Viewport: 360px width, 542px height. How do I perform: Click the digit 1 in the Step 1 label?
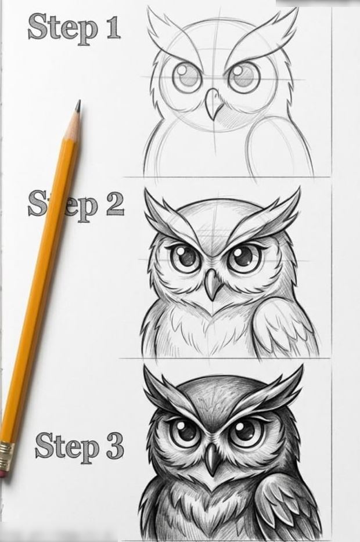pyautogui.click(x=114, y=26)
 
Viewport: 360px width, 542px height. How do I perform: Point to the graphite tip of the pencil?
pyautogui.click(x=78, y=106)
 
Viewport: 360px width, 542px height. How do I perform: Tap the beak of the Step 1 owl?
pyautogui.click(x=213, y=104)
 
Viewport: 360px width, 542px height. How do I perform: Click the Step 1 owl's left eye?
pyautogui.click(x=187, y=77)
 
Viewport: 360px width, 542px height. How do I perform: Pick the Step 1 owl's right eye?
pyautogui.click(x=244, y=77)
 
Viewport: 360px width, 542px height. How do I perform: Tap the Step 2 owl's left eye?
pyautogui.click(x=185, y=258)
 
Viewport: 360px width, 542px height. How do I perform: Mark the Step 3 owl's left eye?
pyautogui.click(x=185, y=432)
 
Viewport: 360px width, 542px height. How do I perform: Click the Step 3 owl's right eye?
pyautogui.click(x=245, y=432)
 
